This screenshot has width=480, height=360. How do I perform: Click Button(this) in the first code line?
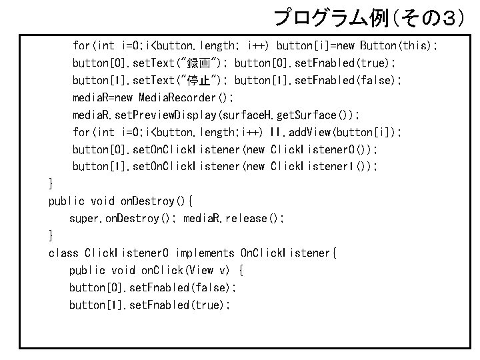pyautogui.click(x=398, y=46)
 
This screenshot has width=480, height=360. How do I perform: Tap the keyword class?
pyautogui.click(x=63, y=253)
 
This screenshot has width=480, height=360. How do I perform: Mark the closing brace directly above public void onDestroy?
pyautogui.click(x=51, y=183)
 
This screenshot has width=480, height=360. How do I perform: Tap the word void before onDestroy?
pyautogui.click(x=103, y=201)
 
